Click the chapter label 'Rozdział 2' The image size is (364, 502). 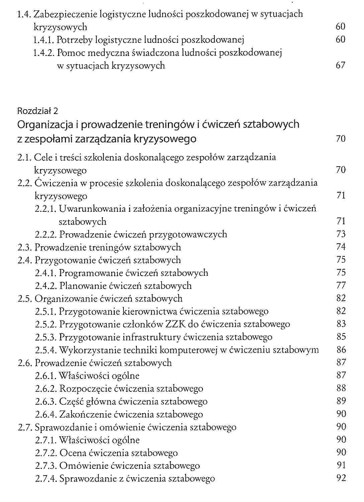click(37, 111)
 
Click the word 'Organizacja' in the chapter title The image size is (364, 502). click(45, 125)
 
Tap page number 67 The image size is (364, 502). click(340, 65)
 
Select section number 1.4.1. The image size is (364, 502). click(44, 40)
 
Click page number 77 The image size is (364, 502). click(341, 286)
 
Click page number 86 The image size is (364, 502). click(341, 350)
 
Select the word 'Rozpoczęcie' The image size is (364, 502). click(85, 389)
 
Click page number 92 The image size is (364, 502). click(341, 478)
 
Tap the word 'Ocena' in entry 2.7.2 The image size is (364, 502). click(72, 453)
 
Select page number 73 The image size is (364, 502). click(341, 234)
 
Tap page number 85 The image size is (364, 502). click(341, 337)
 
